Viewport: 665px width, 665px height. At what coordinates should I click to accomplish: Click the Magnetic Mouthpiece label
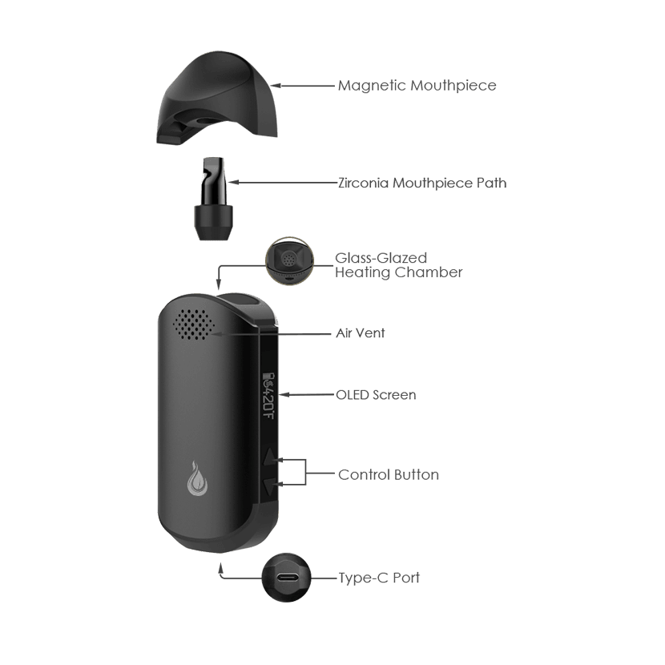coord(417,85)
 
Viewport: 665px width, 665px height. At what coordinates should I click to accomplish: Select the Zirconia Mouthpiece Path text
coord(422,183)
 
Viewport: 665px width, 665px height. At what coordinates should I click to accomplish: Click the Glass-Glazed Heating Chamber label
coord(398,265)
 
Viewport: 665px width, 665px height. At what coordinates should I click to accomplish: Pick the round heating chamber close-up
coord(288,262)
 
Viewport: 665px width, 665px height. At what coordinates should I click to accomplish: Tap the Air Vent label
coord(360,332)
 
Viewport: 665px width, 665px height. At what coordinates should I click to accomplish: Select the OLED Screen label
coord(375,395)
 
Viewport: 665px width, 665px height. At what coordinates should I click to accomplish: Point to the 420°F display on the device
coord(270,393)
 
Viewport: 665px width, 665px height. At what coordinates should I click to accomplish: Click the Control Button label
coord(389,474)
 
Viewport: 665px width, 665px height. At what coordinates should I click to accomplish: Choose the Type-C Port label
coord(379,578)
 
